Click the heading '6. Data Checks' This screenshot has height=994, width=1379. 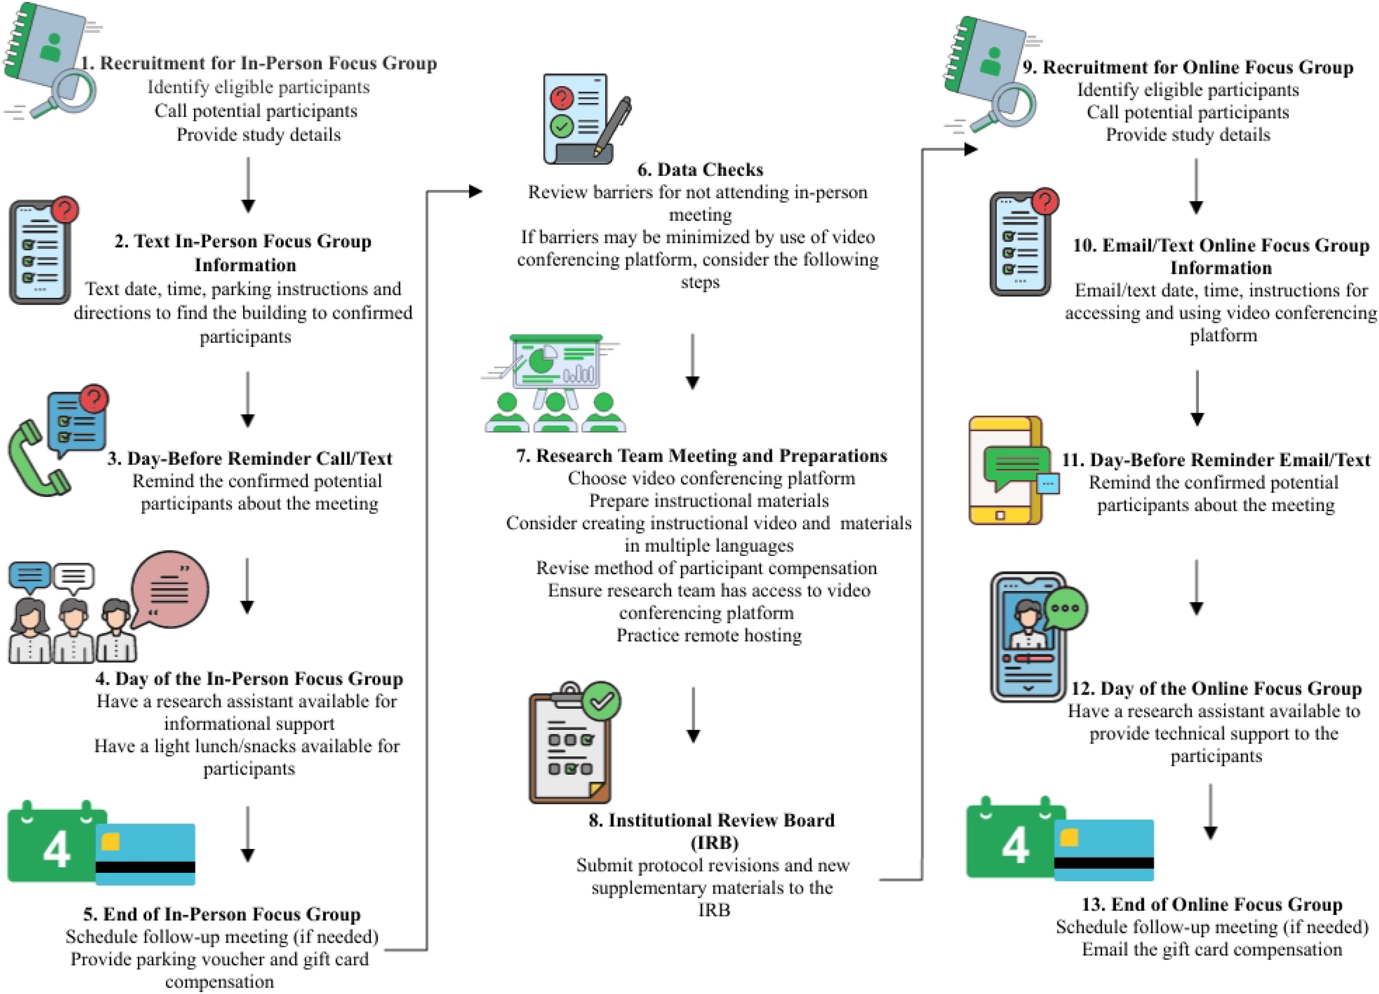pyautogui.click(x=700, y=170)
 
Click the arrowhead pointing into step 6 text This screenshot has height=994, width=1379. pyautogui.click(x=476, y=191)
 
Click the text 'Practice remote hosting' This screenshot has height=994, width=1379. pyautogui.click(x=709, y=635)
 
